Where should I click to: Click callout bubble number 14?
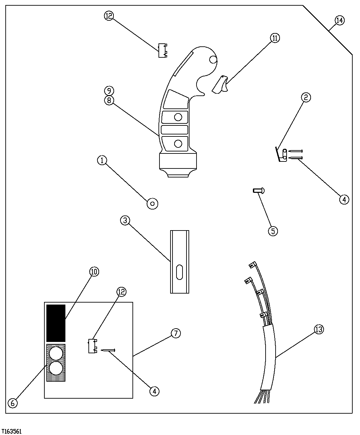click(x=339, y=20)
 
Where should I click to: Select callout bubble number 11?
click(x=275, y=38)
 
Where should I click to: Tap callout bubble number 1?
click(x=102, y=160)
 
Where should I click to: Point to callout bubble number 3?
click(x=125, y=220)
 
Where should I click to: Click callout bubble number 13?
click(x=319, y=330)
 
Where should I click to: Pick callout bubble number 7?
click(x=176, y=333)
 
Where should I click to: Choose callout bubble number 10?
click(x=94, y=272)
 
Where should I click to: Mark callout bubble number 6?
click(x=13, y=403)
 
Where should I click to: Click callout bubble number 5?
click(x=273, y=231)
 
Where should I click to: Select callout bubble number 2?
click(x=306, y=97)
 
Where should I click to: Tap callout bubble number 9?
click(x=109, y=90)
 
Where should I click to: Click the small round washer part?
click(x=152, y=203)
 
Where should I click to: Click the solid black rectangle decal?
click(x=56, y=323)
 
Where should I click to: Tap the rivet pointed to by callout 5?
click(x=259, y=190)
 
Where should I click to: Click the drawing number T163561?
click(x=12, y=431)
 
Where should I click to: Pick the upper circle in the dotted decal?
click(x=56, y=353)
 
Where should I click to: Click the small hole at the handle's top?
click(x=213, y=59)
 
